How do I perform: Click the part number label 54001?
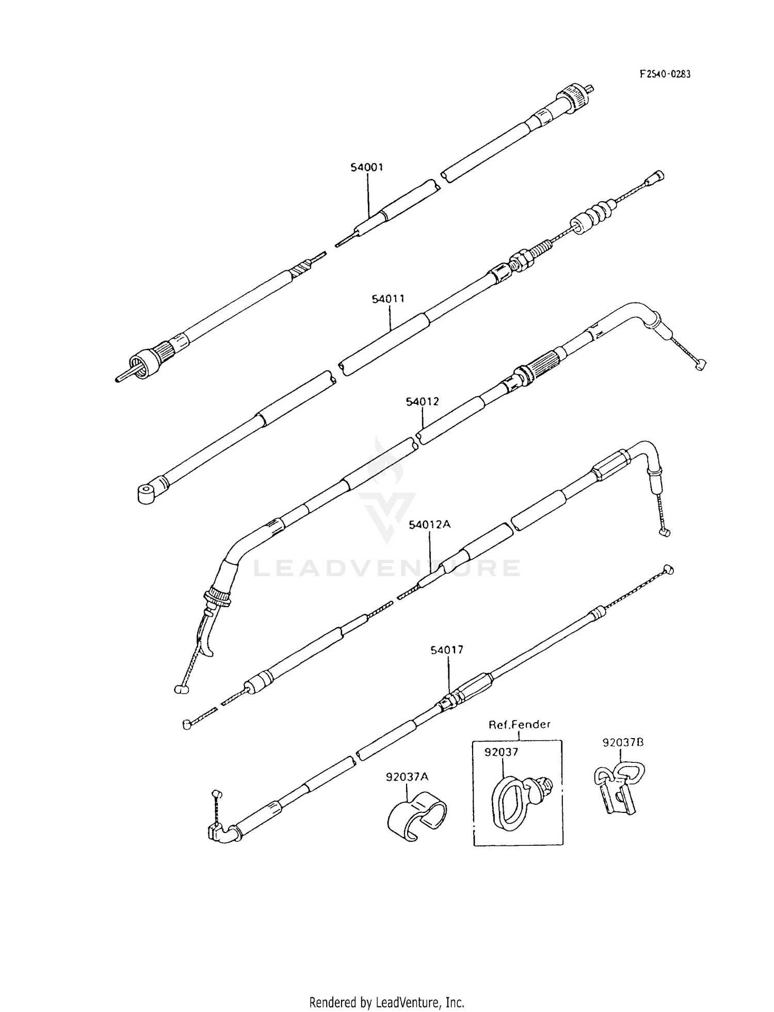(x=367, y=167)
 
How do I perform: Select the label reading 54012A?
(x=430, y=525)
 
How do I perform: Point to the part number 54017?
(x=447, y=650)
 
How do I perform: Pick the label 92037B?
(x=623, y=743)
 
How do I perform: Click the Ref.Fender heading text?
(x=519, y=724)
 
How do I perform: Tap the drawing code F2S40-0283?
(x=665, y=74)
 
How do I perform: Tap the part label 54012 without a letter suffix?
(x=422, y=401)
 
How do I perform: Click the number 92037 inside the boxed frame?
(x=501, y=752)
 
